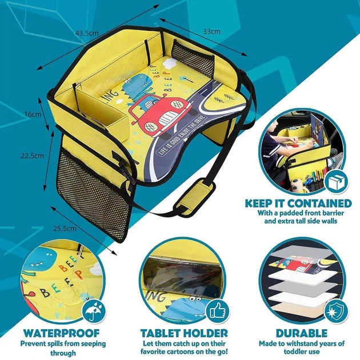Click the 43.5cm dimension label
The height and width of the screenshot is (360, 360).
pos(87,33)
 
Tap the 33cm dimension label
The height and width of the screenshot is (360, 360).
pos(211,31)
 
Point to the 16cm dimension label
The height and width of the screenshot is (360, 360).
pos(33,114)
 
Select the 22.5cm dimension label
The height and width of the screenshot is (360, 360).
pos(32,155)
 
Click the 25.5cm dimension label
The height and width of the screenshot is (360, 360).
pos(65,229)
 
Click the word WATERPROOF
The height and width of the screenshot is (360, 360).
pos(61,333)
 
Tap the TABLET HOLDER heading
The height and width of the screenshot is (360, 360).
pos(184,333)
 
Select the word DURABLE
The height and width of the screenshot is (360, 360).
pos(302,333)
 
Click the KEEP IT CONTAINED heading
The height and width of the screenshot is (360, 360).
pos(298,203)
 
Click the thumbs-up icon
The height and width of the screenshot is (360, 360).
pos(217,311)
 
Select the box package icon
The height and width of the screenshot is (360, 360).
pos(337,182)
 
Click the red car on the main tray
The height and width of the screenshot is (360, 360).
pos(160,114)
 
